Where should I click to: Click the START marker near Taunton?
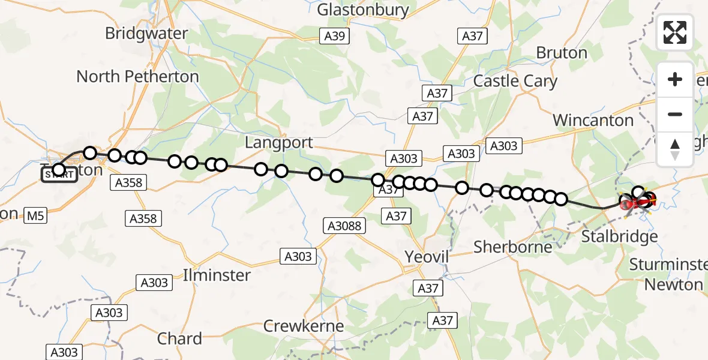coord(59,175)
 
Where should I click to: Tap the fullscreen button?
coord(675,32)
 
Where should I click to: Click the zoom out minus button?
coord(675,114)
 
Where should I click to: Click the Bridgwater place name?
coord(146,33)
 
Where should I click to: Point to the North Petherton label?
coord(137,76)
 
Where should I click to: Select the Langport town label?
coord(279,142)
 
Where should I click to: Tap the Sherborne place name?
coord(512,247)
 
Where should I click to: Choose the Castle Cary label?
coord(515,81)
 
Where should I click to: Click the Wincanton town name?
coord(593,120)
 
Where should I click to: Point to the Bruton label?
coord(562,53)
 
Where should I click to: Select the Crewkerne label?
coord(304,326)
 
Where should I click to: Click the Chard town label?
coord(179,338)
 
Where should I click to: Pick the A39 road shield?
coord(334,36)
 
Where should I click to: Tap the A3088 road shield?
coord(344,226)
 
